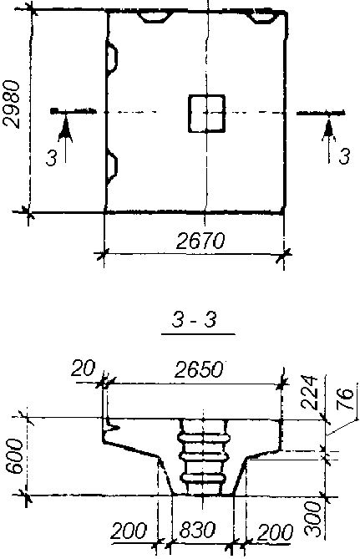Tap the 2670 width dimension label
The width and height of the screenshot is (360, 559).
tap(200, 241)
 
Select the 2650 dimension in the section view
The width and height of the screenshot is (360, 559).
tap(199, 370)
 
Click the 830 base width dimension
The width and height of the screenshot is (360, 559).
tap(197, 530)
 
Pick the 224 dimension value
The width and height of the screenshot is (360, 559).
tap(308, 392)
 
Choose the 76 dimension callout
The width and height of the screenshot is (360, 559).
tap(345, 399)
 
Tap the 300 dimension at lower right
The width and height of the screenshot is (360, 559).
tap(313, 519)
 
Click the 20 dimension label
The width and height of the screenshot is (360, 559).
tap(83, 368)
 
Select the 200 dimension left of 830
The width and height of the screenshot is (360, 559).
tap(129, 531)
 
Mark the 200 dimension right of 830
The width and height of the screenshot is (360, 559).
tap(275, 532)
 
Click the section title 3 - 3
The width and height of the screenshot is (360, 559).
tap(195, 320)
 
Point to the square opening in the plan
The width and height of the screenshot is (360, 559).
tap(207, 114)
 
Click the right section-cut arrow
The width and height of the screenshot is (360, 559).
tap(329, 141)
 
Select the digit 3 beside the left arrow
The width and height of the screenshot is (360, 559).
tap(51, 158)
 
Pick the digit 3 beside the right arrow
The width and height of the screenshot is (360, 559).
tap(344, 156)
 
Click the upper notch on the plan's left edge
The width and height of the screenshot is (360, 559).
tap(112, 57)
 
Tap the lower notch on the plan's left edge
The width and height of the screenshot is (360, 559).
tap(112, 168)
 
